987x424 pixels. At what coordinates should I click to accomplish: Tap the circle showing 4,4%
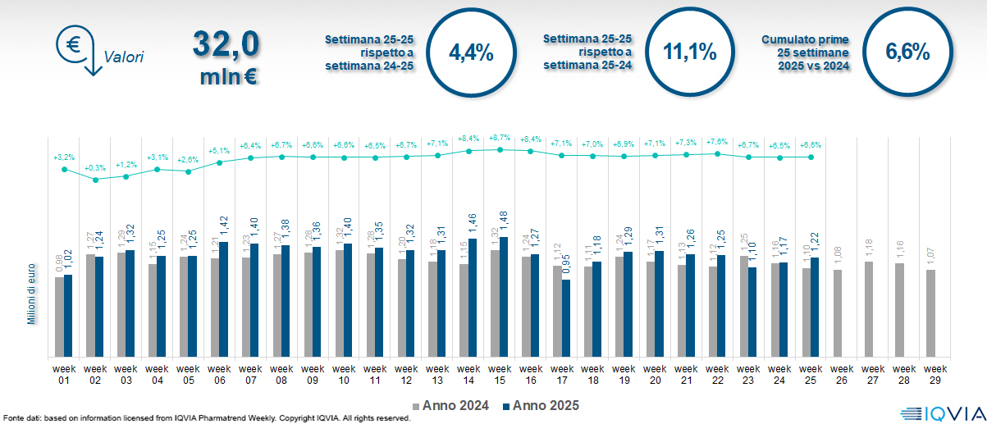471,52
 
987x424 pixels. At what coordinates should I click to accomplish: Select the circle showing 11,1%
689,52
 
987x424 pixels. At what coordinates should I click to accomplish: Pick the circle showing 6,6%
907,52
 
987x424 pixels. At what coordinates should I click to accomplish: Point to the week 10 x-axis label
344,374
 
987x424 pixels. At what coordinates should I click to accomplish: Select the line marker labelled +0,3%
95,179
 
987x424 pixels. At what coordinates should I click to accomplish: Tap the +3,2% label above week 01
63,157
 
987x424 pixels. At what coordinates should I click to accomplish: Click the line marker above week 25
811,157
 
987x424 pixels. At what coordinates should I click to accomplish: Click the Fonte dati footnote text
205,418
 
